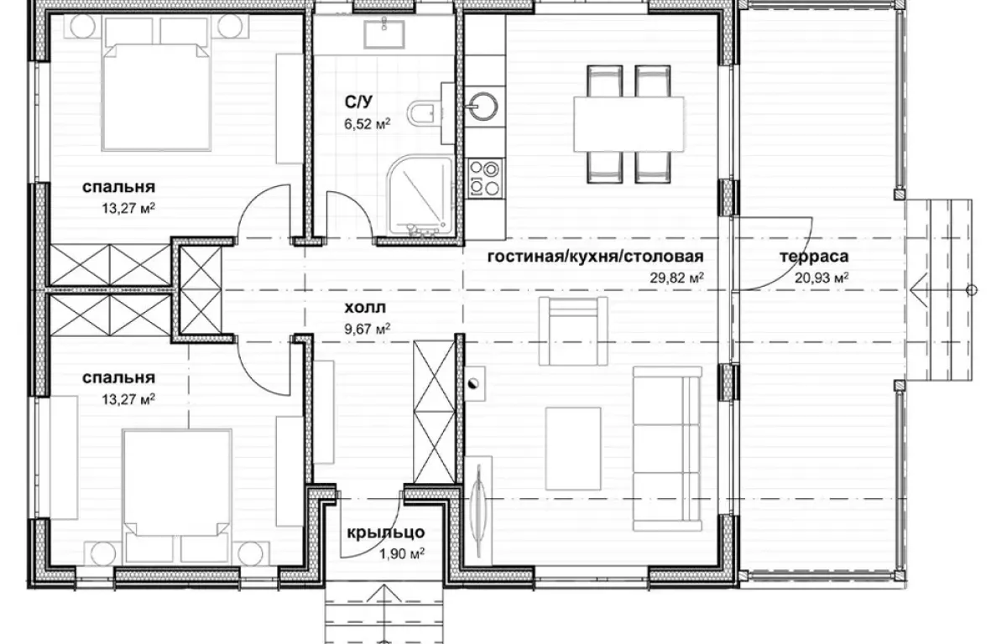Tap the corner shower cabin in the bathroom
[x=420, y=195]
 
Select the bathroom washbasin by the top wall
[x=384, y=34]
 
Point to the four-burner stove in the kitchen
[x=485, y=179]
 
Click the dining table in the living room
[x=629, y=124]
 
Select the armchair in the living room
[x=573, y=331]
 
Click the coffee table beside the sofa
[x=573, y=449]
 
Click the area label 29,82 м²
[x=676, y=278]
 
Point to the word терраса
[x=814, y=257]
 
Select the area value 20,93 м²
[x=822, y=278]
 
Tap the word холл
[x=365, y=308]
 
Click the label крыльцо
[x=386, y=532]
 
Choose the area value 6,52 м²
[x=367, y=123]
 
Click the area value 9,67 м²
[x=367, y=330]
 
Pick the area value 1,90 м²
[x=402, y=554]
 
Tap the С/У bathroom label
[x=358, y=102]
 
